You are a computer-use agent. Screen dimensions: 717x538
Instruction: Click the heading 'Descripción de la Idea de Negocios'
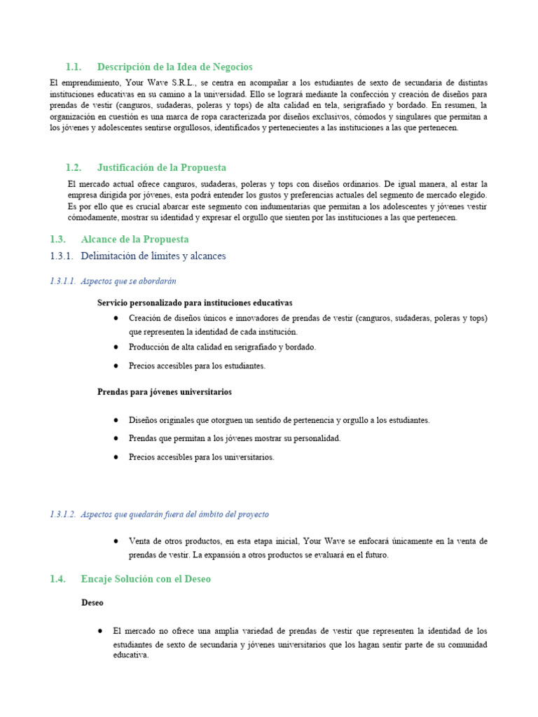coord(174,67)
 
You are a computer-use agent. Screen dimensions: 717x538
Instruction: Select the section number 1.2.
coord(74,167)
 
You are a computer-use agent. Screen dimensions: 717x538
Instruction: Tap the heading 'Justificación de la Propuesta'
coord(162,167)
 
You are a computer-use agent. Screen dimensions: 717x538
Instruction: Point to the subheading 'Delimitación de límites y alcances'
coord(153,256)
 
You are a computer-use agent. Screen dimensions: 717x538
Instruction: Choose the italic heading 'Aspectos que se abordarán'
coord(128,281)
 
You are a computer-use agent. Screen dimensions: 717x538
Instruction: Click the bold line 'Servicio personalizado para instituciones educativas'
coord(195,302)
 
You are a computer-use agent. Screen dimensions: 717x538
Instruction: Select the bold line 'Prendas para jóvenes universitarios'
coord(164,392)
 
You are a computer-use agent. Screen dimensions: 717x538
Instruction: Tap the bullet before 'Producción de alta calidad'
coord(115,347)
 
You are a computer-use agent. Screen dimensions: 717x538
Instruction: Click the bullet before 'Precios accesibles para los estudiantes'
coord(115,366)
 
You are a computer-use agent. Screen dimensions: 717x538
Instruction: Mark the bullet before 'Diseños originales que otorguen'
coord(115,420)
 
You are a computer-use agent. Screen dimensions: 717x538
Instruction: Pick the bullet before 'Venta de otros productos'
coord(115,541)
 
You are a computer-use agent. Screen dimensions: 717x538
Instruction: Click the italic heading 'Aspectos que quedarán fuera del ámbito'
coord(174,514)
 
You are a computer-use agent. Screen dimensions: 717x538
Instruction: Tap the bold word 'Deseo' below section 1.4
coord(92,602)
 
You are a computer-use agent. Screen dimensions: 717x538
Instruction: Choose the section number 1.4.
coord(58,579)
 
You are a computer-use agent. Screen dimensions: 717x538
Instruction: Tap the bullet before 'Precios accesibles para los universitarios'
coord(115,457)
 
